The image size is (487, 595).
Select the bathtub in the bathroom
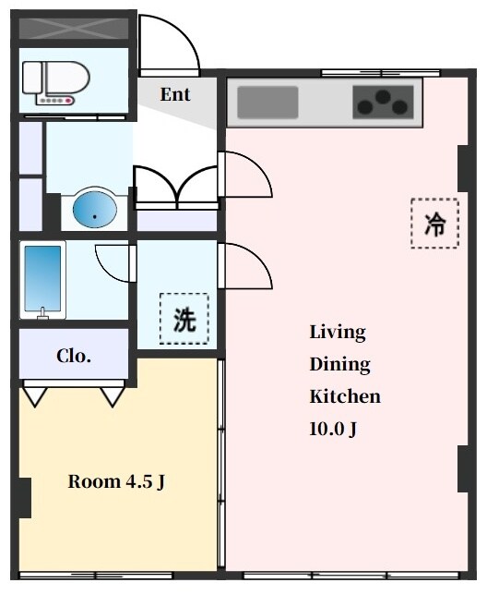(x=43, y=280)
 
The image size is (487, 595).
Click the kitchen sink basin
(x=268, y=102)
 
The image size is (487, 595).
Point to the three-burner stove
(x=382, y=102)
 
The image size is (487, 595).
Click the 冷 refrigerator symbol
(x=434, y=224)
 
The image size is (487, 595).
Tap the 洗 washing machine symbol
(x=184, y=319)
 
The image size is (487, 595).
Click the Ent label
(x=175, y=94)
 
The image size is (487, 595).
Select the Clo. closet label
(x=73, y=357)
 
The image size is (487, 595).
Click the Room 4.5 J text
(x=116, y=481)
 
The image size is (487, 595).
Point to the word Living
(x=338, y=332)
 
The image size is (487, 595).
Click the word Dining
(x=339, y=364)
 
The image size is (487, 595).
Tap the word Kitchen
(x=345, y=396)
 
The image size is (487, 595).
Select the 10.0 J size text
(x=333, y=429)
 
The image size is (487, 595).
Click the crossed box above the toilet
(x=74, y=28)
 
